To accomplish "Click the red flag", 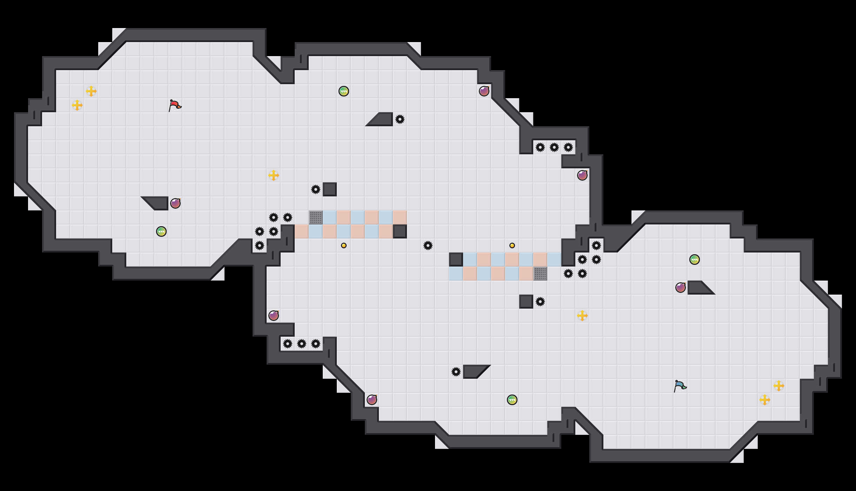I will [175, 105].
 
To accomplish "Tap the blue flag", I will [680, 386].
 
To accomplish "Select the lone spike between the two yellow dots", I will [428, 245].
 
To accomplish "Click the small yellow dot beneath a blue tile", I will [344, 245].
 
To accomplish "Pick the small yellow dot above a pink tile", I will [512, 245].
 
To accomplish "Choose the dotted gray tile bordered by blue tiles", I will [316, 217].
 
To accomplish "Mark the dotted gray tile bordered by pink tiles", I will [540, 274].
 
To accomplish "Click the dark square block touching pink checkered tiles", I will [400, 231].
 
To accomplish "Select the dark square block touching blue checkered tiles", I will [456, 260].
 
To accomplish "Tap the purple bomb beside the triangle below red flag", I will [175, 203].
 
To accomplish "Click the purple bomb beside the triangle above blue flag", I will [681, 288].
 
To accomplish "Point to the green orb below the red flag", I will [161, 231].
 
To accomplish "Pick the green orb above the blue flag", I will [695, 260].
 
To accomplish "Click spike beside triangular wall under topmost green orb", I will [400, 119].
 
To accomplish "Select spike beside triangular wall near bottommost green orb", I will [456, 372].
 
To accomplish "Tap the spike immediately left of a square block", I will [316, 189].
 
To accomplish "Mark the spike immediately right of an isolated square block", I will [540, 302].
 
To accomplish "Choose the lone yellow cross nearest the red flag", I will [274, 175].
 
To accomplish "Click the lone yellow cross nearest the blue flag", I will [582, 316].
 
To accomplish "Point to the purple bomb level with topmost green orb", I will [484, 91].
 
